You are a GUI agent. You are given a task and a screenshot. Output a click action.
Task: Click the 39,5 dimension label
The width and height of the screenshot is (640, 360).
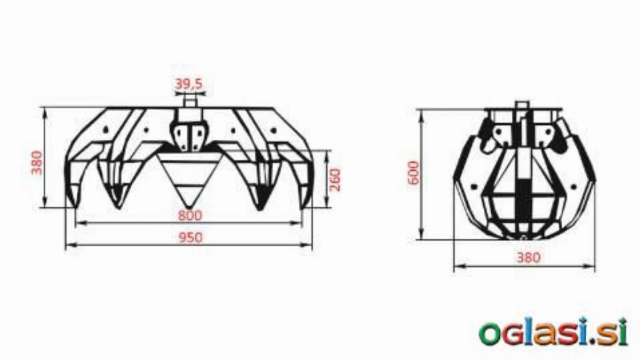pos(189,84)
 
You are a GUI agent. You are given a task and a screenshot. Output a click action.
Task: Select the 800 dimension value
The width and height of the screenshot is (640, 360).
pos(190,215)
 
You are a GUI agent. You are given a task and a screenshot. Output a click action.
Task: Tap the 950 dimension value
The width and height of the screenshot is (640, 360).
pos(190,237)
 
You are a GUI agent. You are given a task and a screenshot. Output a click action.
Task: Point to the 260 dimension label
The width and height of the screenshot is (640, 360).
pos(335,180)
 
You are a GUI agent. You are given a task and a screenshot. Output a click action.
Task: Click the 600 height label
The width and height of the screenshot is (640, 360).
pos(414,173)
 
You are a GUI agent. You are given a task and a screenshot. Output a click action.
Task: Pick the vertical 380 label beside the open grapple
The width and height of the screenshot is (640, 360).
pos(37,163)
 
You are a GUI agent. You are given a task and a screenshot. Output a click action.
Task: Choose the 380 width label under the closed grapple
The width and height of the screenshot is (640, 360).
pos(529,258)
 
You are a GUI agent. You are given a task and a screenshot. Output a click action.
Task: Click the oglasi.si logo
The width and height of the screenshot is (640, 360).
pos(553,332)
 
